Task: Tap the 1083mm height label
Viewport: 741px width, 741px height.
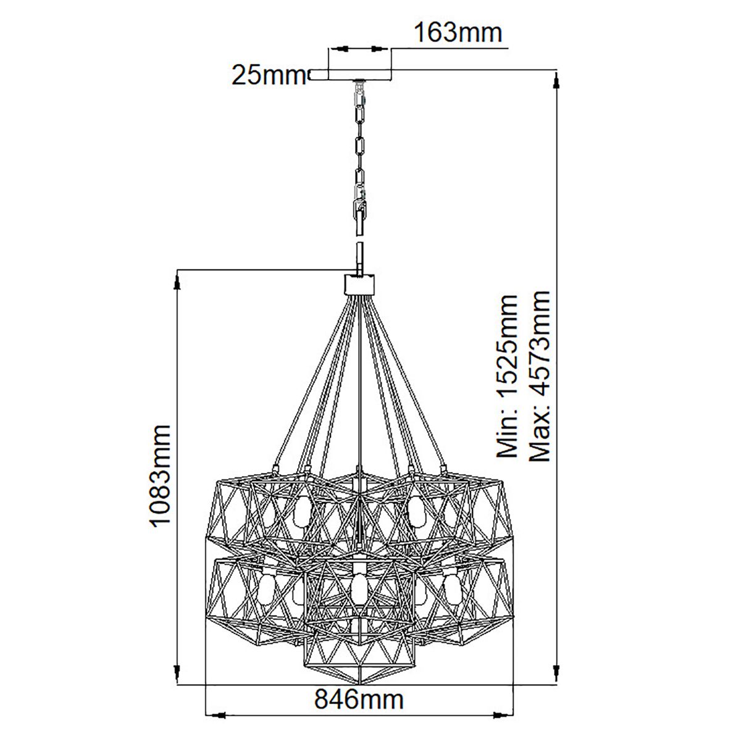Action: tap(160, 475)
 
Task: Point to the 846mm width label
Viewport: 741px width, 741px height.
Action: tap(359, 700)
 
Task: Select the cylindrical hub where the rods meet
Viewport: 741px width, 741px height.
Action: tap(359, 285)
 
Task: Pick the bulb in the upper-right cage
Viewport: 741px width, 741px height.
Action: tap(415, 508)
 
